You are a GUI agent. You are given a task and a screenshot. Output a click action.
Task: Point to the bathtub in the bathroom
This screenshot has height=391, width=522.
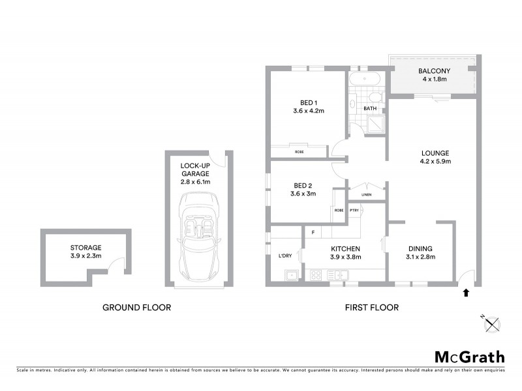point(365,80)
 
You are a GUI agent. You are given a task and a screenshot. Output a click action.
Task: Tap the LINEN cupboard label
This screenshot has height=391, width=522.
point(367,194)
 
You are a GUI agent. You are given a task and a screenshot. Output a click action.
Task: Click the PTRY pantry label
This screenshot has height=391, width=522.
point(355,210)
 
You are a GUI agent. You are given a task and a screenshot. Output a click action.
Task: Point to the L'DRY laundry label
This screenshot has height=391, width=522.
point(284,255)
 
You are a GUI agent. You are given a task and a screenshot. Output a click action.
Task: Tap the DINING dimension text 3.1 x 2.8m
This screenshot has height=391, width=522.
point(421,257)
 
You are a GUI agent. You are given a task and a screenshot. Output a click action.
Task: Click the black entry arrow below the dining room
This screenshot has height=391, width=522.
point(465,293)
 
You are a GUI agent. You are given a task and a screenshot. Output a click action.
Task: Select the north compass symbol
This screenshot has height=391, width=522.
point(491,323)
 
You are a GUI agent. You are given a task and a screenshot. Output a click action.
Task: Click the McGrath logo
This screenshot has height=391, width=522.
point(469,356)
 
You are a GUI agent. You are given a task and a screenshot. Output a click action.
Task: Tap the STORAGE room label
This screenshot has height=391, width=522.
point(86,248)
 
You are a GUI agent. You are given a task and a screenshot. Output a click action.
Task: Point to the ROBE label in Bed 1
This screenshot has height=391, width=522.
point(299,152)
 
